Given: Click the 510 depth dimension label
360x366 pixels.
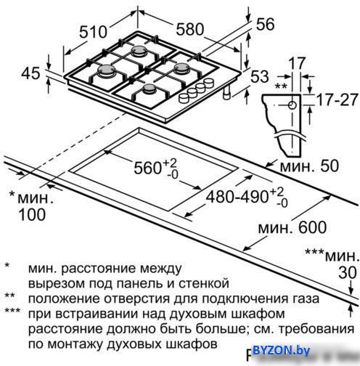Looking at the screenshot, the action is [93, 32].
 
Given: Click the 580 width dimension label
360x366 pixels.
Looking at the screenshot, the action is [190, 29].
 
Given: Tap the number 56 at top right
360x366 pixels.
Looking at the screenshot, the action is [265, 24].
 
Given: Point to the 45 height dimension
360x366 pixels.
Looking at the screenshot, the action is [30, 73].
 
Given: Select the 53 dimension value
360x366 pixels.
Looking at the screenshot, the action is [260, 76].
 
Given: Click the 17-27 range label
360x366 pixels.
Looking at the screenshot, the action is [337, 99].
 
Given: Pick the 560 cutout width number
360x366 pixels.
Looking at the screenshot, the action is [147, 168].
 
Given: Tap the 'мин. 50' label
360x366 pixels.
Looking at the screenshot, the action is [309, 166].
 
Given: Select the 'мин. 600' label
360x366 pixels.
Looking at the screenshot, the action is [292, 227].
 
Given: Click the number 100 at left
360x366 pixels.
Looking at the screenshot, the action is [32, 214].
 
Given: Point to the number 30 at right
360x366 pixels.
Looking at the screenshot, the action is [348, 272].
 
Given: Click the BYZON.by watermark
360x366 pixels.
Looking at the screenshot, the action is [282, 350].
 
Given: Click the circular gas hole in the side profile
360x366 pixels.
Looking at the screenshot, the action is [292, 105].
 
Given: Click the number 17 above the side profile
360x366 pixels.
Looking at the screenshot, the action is [297, 63].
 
